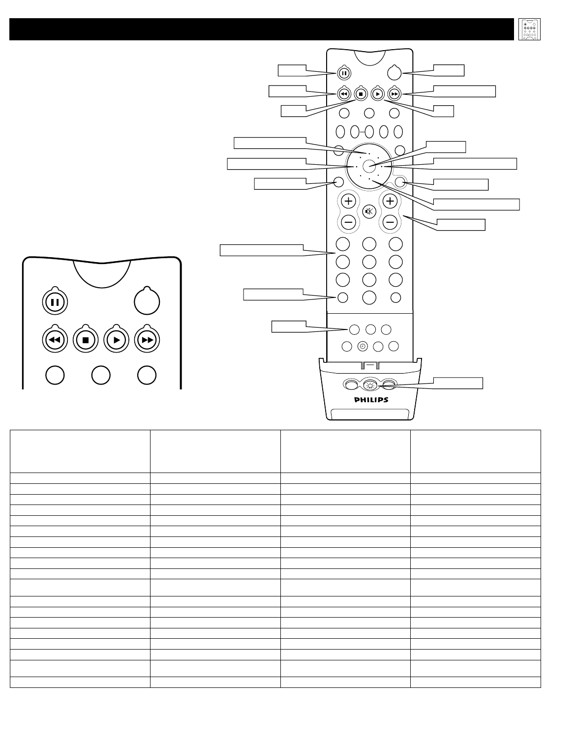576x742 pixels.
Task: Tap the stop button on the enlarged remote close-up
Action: [85, 340]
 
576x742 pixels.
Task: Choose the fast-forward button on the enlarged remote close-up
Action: [147, 340]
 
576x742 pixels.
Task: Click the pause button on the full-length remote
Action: [344, 73]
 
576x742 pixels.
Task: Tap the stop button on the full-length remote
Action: [361, 93]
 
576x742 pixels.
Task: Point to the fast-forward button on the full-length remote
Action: [394, 93]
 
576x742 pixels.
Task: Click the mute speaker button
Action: [369, 211]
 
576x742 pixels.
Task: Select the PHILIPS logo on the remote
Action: [371, 400]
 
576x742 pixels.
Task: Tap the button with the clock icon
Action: [363, 346]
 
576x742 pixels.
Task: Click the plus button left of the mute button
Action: [348, 201]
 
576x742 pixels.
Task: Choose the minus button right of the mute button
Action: [391, 222]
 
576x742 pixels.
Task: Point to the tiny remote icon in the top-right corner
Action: [529, 30]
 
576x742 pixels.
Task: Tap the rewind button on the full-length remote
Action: [344, 93]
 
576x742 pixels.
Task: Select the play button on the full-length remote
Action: [377, 93]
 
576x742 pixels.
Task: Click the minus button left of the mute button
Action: [348, 222]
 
